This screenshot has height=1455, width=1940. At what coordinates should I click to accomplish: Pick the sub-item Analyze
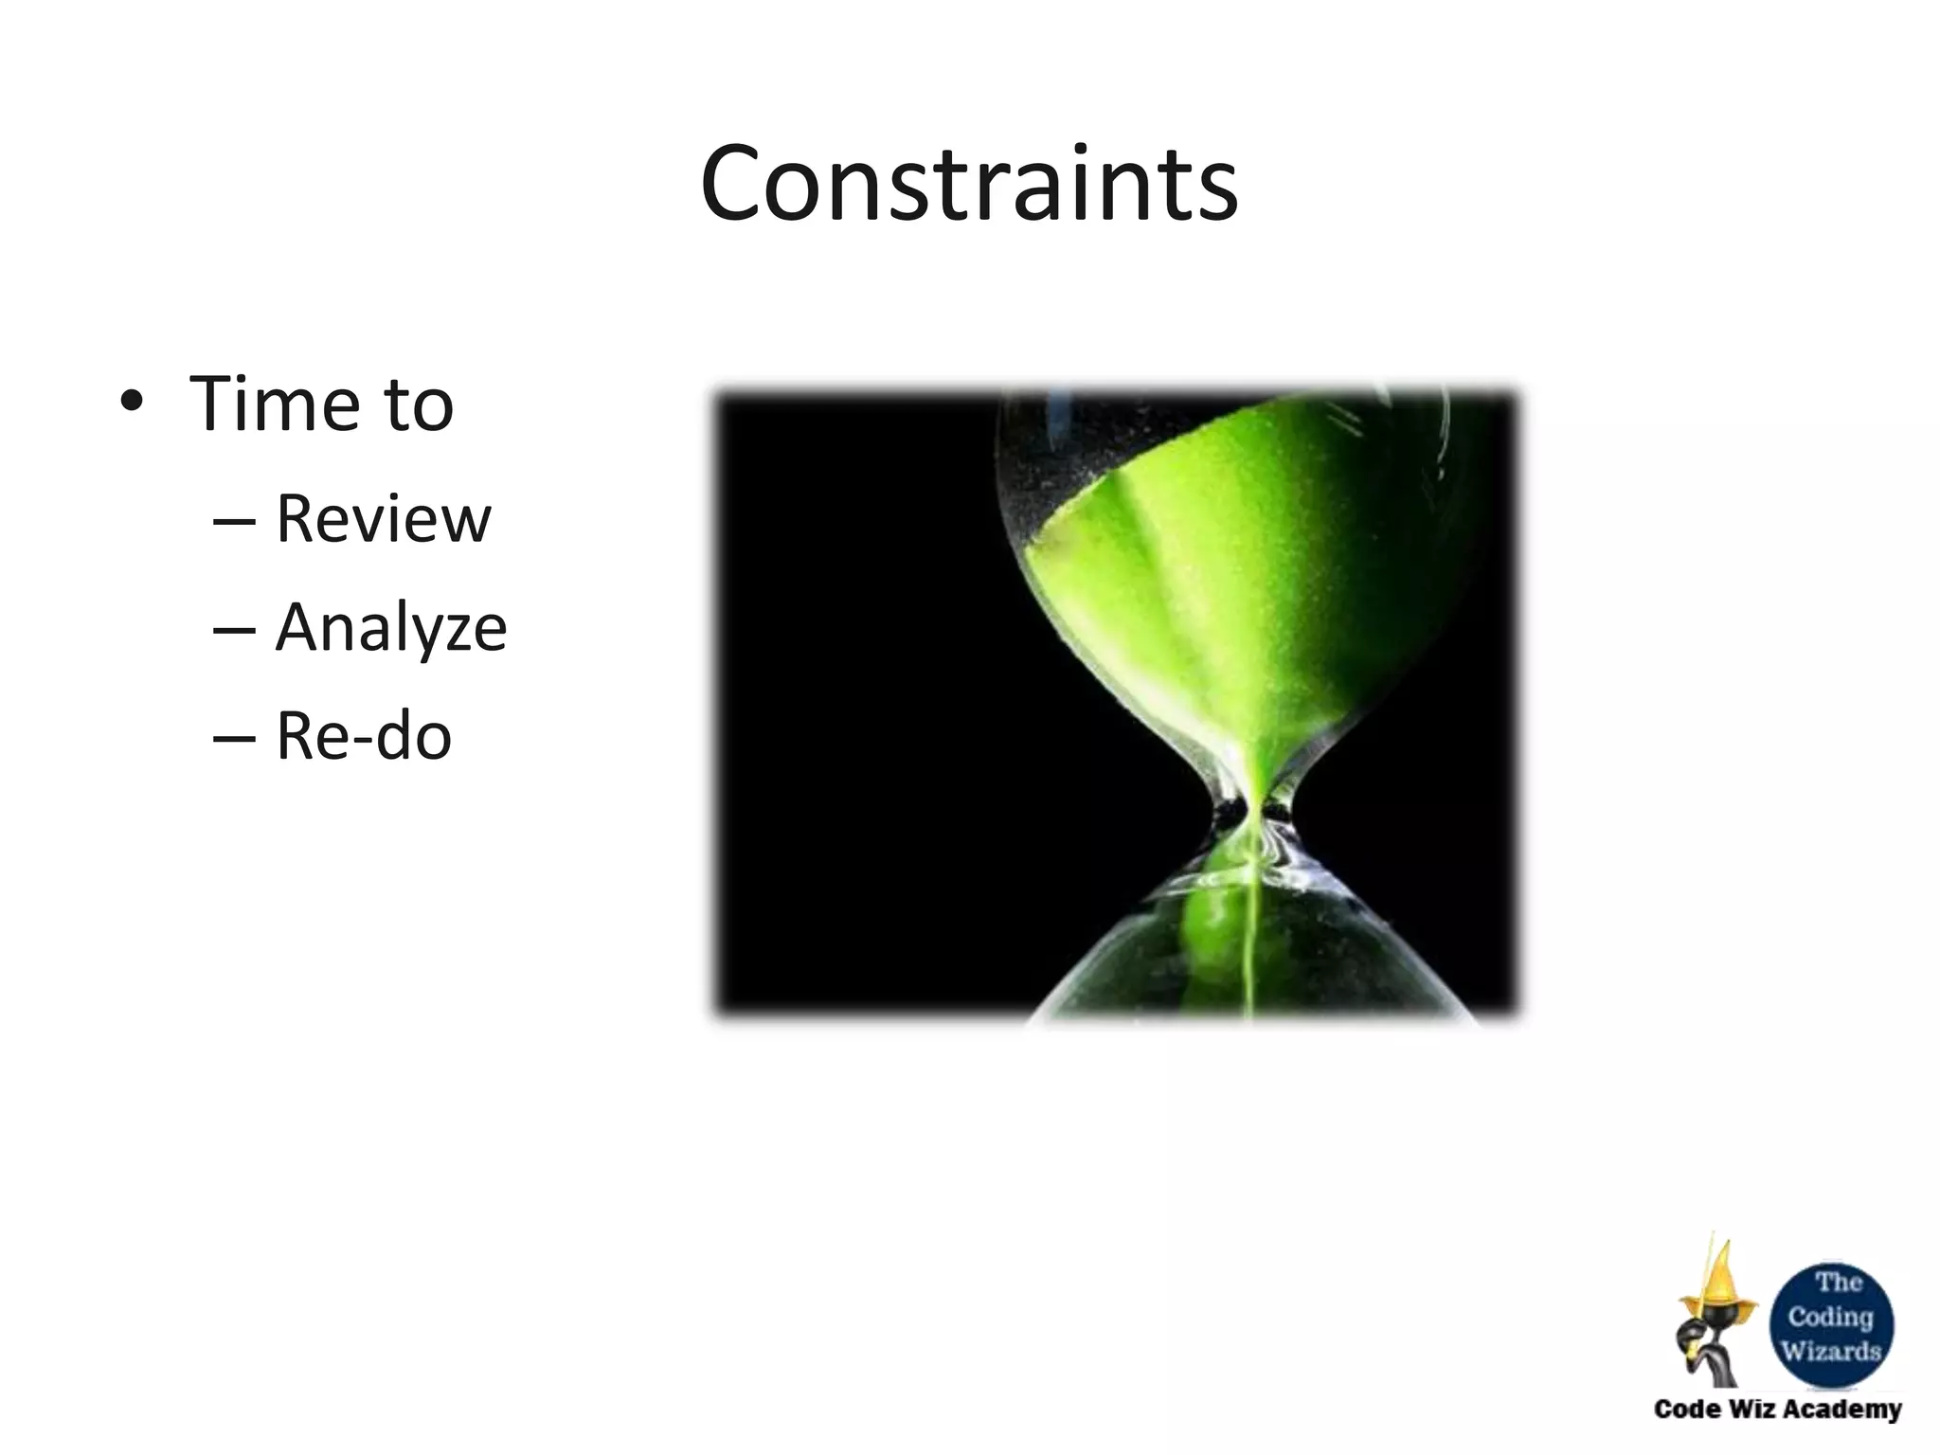click(x=390, y=628)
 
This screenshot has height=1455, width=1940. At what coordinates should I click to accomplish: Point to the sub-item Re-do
click(x=363, y=736)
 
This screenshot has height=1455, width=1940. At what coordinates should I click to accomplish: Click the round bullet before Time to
click(x=132, y=404)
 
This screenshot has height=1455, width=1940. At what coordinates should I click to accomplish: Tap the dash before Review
click(x=234, y=520)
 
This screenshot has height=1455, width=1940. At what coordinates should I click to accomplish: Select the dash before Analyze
click(x=234, y=629)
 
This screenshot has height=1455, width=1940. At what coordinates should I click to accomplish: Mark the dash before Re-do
click(x=234, y=737)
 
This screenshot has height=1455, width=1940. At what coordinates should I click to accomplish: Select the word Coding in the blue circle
click(x=1830, y=1317)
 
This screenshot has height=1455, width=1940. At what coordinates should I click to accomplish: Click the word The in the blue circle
click(x=1839, y=1283)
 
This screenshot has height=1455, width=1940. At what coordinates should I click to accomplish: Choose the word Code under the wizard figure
click(x=1686, y=1409)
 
